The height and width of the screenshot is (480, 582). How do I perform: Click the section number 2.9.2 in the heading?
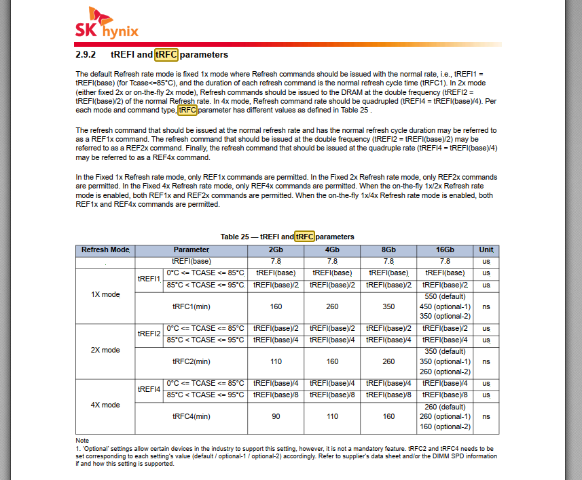tap(86, 54)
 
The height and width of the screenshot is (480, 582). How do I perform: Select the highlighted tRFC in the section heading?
tap(166, 54)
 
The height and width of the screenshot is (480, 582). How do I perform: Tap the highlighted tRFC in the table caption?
tap(305, 237)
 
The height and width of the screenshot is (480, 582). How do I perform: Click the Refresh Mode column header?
tap(105, 249)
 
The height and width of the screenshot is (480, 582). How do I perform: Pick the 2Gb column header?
tap(276, 249)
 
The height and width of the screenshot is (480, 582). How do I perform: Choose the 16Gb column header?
tap(445, 249)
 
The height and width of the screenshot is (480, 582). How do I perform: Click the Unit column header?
tap(486, 249)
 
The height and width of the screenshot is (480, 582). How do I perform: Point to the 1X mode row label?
tap(105, 296)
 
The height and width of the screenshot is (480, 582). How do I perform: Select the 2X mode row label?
tap(105, 351)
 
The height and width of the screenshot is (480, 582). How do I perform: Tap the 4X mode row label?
tap(105, 405)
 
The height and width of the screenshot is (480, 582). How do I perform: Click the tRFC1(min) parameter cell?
tap(192, 306)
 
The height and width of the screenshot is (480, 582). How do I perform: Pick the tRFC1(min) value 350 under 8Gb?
tap(388, 306)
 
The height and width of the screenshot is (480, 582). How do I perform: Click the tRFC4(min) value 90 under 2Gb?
tap(276, 416)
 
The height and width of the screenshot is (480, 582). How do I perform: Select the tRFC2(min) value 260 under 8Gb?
tap(388, 361)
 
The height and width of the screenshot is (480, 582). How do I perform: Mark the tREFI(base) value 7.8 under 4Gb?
tap(332, 261)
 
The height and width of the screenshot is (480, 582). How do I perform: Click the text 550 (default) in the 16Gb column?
tap(445, 296)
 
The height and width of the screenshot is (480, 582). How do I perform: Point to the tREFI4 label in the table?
tap(149, 389)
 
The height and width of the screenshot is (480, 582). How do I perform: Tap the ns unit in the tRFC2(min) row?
tap(486, 361)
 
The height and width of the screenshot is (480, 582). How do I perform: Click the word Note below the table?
tap(82, 441)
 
